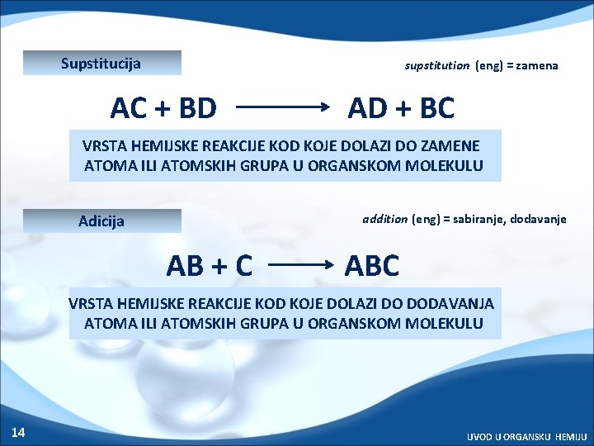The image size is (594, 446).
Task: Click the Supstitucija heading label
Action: point(101,64)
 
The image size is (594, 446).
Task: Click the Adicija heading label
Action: point(101,221)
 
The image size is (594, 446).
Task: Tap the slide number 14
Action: point(18,432)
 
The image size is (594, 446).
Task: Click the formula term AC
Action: point(129,107)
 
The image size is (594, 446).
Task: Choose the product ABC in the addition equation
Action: point(372,266)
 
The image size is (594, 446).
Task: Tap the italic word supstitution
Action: point(436,65)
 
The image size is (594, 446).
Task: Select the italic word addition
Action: point(385,219)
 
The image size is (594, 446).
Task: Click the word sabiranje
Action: point(476,219)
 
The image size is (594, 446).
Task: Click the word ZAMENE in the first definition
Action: point(449,145)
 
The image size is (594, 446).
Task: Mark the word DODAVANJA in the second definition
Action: point(455,303)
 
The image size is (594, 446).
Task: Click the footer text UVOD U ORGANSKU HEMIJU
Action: point(527,435)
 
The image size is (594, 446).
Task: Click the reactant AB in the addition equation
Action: point(186,266)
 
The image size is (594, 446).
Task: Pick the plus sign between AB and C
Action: point(219,266)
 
